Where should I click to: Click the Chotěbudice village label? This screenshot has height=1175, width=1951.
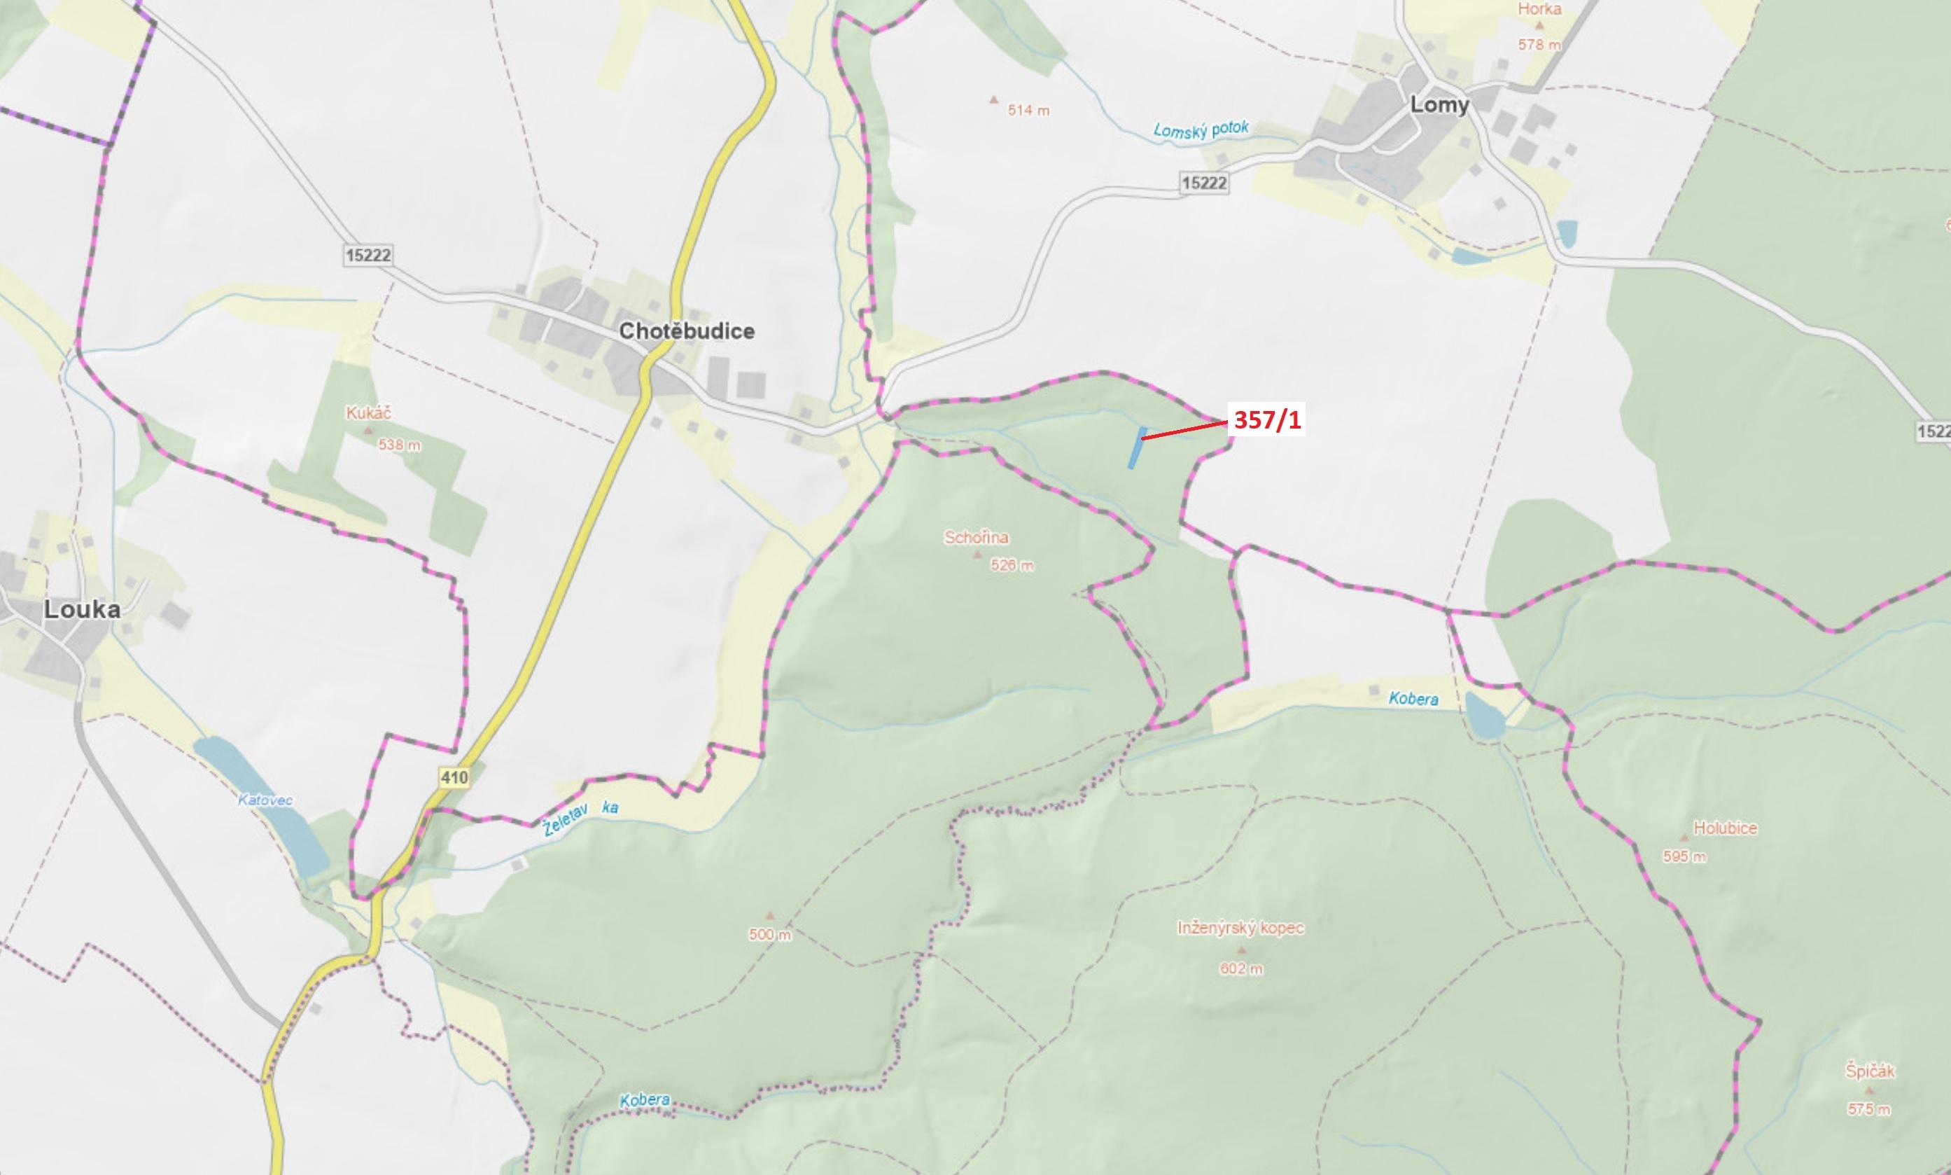tap(686, 331)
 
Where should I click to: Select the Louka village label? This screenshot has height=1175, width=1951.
tap(83, 609)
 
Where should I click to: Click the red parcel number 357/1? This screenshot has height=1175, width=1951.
tap(1267, 419)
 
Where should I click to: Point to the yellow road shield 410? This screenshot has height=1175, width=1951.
tap(454, 777)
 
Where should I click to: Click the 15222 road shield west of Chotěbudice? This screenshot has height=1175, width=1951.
tap(368, 255)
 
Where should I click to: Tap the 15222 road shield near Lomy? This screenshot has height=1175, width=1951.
tap(1204, 183)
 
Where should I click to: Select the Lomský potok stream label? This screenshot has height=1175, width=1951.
tap(1201, 130)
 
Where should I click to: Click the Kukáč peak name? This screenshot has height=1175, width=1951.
tap(368, 412)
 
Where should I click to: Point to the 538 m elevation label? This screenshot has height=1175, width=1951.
tap(399, 445)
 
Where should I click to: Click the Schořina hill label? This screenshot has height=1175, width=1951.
tap(976, 538)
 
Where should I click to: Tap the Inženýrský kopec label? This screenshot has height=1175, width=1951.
tap(1240, 927)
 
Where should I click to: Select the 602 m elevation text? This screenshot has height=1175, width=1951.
tap(1241, 968)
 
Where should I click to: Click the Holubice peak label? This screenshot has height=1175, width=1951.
tap(1725, 828)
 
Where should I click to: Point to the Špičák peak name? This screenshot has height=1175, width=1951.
tap(1870, 1071)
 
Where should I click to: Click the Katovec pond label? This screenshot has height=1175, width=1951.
tap(265, 800)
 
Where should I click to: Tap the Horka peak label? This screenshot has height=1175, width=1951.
tap(1539, 10)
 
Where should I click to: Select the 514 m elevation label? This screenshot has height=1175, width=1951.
tap(1028, 111)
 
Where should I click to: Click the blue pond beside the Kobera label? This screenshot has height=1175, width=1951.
tap(1484, 716)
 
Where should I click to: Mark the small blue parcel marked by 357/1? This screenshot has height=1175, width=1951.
tap(1138, 447)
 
